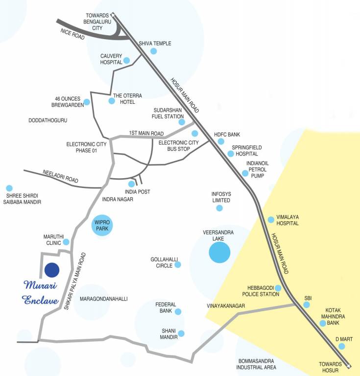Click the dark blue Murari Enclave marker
click(51, 270)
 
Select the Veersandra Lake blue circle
click(219, 253)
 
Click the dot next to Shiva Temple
click(153, 51)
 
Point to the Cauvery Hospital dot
click(126, 60)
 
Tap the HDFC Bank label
click(227, 134)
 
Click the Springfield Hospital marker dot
click(231, 154)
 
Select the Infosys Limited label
click(221, 197)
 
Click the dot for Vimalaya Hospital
click(271, 219)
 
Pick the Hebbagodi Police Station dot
click(278, 288)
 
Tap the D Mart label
click(344, 338)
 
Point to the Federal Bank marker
click(178, 311)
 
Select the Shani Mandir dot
click(181, 333)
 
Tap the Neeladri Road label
click(60, 175)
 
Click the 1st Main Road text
click(146, 133)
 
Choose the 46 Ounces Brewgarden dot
click(87, 102)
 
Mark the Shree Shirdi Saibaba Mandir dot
click(9, 188)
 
